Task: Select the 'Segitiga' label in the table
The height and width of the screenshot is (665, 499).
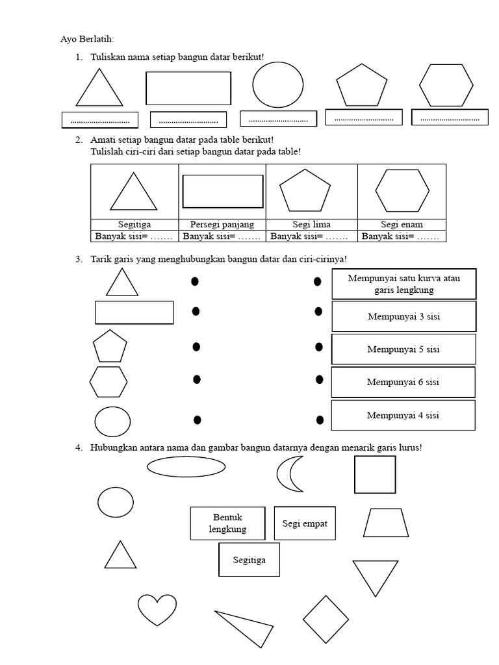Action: click(134, 225)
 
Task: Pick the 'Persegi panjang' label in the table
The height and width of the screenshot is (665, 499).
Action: click(222, 225)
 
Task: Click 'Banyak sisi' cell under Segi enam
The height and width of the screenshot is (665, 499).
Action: click(401, 236)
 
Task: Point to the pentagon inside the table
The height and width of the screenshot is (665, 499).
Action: click(305, 190)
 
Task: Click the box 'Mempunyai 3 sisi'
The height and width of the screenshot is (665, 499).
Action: click(403, 317)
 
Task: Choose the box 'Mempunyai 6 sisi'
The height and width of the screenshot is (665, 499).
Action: click(403, 382)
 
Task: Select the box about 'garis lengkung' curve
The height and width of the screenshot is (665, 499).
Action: click(403, 284)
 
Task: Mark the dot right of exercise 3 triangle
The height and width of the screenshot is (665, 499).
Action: click(194, 281)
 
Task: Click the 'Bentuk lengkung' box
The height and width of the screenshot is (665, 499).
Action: click(227, 523)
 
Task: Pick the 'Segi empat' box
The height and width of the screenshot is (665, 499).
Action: click(305, 523)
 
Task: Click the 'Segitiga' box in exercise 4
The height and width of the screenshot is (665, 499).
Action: click(249, 559)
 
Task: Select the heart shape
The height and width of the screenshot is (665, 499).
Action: click(157, 609)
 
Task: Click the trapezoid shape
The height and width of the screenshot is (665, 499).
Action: click(386, 523)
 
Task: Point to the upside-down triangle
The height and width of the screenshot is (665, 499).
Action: click(376, 576)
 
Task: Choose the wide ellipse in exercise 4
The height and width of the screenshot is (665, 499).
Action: click(186, 466)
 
